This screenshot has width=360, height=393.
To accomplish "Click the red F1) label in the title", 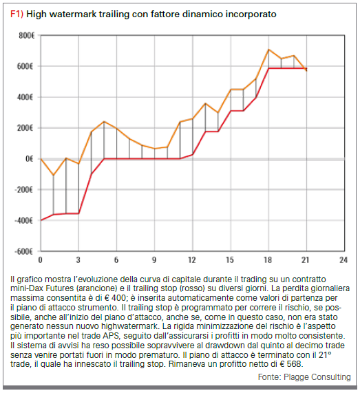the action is (17, 14).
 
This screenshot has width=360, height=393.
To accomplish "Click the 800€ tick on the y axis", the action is (26, 36).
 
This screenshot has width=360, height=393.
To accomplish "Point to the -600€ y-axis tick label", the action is (24, 251).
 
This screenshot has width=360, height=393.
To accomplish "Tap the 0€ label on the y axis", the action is (30, 159).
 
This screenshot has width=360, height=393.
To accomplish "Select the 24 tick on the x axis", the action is (343, 260).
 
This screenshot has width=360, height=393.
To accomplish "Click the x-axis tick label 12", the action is (192, 260).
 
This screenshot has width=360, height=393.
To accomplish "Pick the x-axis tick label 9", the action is (154, 260).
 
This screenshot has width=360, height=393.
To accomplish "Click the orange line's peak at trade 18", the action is (268, 50).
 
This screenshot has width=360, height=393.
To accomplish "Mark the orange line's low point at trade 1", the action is (54, 175).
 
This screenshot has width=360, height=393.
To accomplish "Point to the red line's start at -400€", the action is (41, 220).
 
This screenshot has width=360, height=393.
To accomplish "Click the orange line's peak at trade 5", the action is (104, 122).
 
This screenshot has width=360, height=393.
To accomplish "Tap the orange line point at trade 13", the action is (205, 103).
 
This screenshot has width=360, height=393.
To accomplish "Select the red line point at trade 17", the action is (256, 97).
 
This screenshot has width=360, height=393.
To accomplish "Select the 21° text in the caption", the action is (325, 354).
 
